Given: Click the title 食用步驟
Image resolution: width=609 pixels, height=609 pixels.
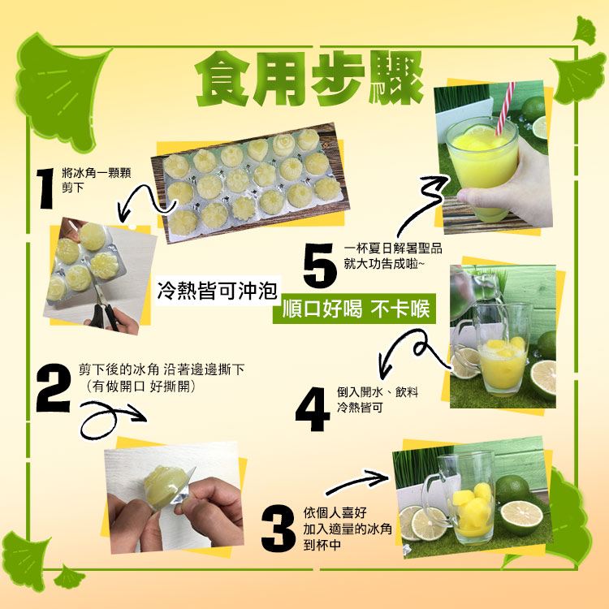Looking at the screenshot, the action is [309, 79].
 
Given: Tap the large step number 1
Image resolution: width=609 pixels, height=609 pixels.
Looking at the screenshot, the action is [45, 188].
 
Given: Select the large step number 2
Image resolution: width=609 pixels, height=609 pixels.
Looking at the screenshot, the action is [54, 388].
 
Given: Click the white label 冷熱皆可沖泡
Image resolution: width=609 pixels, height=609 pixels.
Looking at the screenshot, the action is [217, 290].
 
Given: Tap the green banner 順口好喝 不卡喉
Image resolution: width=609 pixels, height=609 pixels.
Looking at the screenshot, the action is [354, 309].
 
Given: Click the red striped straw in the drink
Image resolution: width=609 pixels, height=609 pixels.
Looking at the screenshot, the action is [505, 108].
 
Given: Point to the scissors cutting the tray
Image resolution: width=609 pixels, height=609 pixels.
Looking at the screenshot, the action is [105, 313].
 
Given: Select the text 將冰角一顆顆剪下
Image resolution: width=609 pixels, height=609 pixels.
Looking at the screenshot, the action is [96, 179].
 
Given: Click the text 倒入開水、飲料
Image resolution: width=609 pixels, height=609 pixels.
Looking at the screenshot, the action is [378, 392].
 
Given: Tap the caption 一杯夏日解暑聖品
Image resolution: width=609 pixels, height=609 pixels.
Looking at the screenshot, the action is [393, 248].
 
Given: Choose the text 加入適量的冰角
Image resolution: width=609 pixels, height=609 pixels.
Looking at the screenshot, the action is [348, 529].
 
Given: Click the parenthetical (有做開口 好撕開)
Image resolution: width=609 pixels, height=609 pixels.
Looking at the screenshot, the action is [140, 387].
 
